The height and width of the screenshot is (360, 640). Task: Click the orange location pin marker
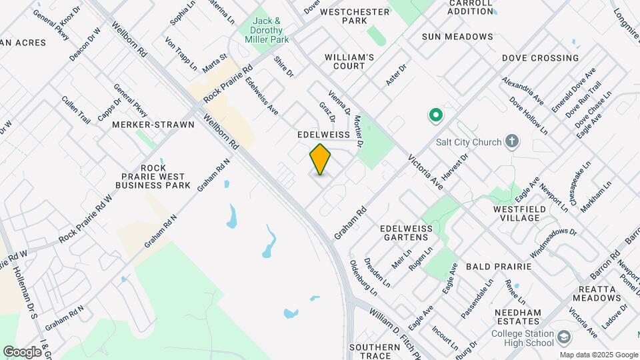pyautogui.click(x=321, y=159)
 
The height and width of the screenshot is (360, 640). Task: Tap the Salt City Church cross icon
pyautogui.click(x=511, y=141)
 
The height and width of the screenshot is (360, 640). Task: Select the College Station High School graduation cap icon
pyautogui.click(x=564, y=338)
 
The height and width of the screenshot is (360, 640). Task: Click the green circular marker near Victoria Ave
pyautogui.click(x=435, y=117)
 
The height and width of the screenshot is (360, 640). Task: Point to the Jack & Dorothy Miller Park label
pyautogui.click(x=270, y=31)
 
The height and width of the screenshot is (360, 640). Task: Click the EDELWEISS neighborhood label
pyautogui.click(x=323, y=135)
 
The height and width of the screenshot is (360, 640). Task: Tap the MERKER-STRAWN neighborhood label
pyautogui.click(x=153, y=125)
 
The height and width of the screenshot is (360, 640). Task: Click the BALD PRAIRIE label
pyautogui.click(x=498, y=266)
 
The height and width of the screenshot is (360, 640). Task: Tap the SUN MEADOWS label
pyautogui.click(x=457, y=37)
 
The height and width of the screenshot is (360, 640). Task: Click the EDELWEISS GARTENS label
pyautogui.click(x=406, y=233)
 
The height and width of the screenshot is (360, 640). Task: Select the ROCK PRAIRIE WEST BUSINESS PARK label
pyautogui.click(x=153, y=176)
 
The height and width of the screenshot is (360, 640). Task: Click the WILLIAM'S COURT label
pyautogui.click(x=345, y=62)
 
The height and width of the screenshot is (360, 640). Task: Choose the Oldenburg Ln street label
pyautogui.click(x=363, y=277)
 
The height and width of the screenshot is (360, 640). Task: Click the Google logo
pyautogui.click(x=22, y=351)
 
